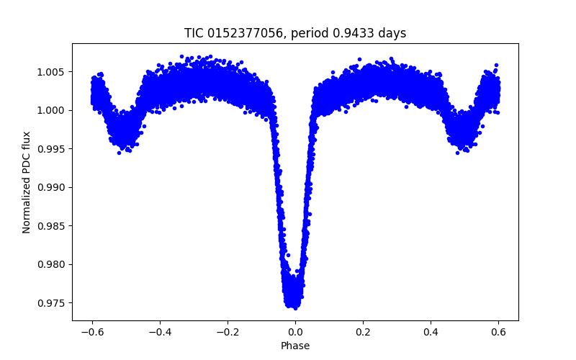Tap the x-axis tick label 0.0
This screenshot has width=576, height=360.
[x=295, y=332]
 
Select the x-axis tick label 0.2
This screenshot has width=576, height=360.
[x=363, y=332]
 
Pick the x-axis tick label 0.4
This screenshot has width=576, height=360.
[x=431, y=332]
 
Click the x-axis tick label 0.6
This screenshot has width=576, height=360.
[x=498, y=332]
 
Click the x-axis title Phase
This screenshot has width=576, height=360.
[x=295, y=346]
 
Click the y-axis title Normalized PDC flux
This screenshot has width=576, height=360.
[x=27, y=181]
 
